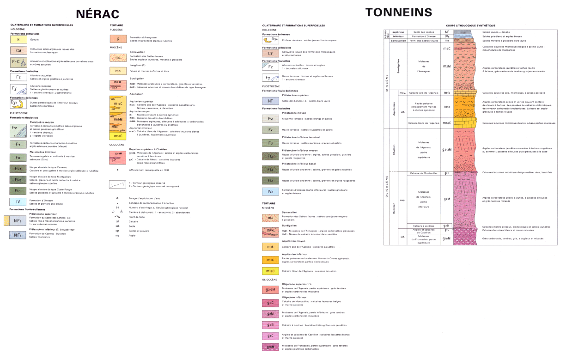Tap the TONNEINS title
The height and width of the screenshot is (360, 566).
coord(399,12)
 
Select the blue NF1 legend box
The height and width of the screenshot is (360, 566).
coord(18,235)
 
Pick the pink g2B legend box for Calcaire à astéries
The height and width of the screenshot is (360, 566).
coord(271,325)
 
